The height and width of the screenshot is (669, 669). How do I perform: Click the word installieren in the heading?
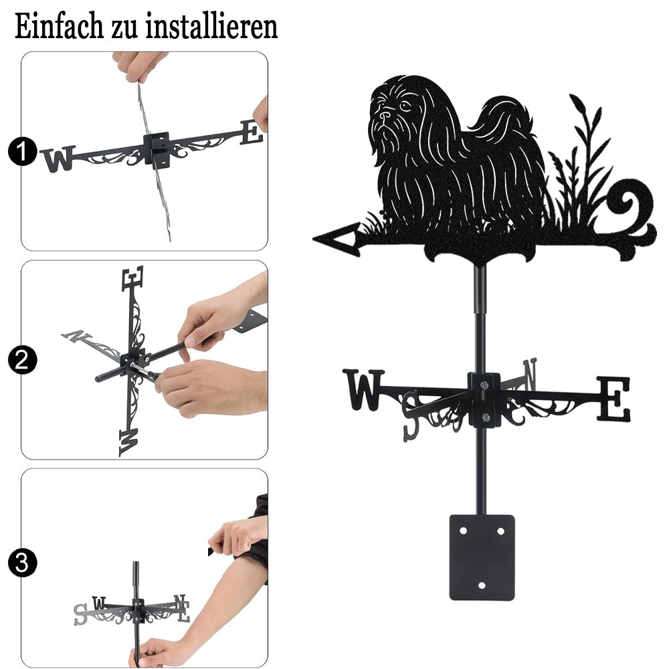coord(211,27)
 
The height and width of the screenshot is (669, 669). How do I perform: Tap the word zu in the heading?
coord(124,29)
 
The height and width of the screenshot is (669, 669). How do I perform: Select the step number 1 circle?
coord(22,151)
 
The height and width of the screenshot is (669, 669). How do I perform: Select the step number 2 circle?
coord(22,360)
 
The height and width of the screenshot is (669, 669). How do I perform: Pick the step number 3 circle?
coord(22,563)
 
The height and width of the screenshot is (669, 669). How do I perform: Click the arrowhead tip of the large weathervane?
coord(314,239)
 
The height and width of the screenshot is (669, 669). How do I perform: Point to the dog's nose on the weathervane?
coord(385,115)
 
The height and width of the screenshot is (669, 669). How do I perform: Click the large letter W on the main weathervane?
coord(364,389)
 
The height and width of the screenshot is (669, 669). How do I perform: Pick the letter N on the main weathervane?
coord(530,374)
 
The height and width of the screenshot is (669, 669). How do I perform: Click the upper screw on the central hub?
coord(484,386)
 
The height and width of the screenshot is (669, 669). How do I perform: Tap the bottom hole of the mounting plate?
coord(482,585)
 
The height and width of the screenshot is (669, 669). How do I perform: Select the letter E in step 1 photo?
coord(252,132)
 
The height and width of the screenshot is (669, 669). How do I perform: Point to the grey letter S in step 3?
coord(80,614)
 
